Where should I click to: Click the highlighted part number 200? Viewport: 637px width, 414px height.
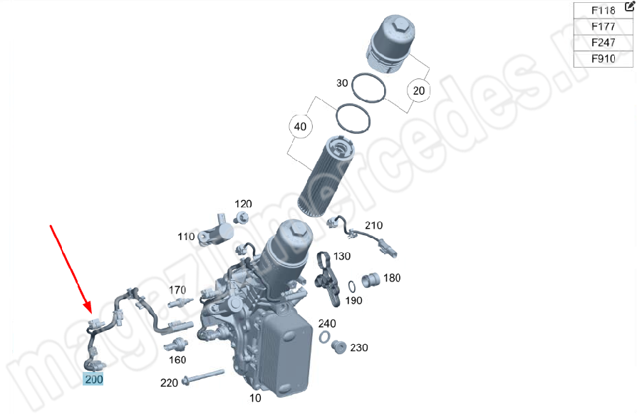93,380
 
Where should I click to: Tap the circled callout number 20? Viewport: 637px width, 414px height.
418,90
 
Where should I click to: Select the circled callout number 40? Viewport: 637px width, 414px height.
300,127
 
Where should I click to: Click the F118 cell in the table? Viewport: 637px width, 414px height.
603,11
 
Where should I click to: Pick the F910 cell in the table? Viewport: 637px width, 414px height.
603,59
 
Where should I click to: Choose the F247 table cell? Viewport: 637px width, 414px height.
603,43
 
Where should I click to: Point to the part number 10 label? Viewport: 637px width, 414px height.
255,398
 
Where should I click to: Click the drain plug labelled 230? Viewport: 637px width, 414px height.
339,347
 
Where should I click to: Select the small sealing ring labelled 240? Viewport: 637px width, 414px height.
324,337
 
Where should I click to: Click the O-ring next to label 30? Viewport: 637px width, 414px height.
368,88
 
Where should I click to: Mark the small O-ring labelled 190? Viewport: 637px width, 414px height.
352,287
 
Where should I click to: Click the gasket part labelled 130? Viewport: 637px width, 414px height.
328,279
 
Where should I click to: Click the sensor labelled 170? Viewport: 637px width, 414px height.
180,303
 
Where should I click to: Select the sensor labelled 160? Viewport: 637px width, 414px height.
176,345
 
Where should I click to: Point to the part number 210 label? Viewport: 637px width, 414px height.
373,225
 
